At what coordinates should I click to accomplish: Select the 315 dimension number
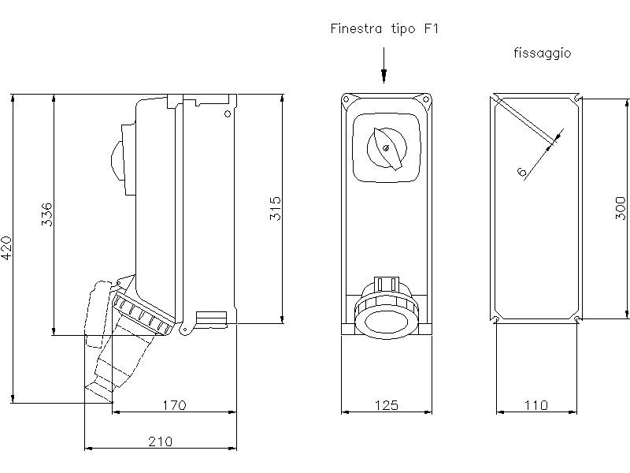[275, 209]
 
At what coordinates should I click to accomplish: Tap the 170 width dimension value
[174, 405]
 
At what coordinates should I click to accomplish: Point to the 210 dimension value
[160, 441]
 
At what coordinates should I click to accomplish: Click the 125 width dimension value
[386, 405]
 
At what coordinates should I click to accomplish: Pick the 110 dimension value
[535, 405]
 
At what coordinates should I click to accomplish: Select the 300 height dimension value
[621, 207]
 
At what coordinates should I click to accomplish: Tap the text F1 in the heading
[432, 30]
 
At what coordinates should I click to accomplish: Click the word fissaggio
[541, 54]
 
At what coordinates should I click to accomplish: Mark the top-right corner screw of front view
[426, 100]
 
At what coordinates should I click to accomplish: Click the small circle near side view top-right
[227, 114]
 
